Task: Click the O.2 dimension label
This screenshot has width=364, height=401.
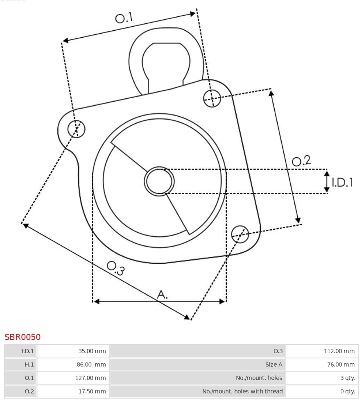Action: pos(301,161)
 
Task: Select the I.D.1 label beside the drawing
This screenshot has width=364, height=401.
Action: pos(342,182)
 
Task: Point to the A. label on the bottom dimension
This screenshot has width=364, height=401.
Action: pos(163,294)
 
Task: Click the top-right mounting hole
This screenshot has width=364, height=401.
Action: pos(212,98)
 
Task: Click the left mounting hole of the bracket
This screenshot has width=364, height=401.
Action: pos(76,129)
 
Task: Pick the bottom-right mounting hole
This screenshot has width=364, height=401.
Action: pos(240,233)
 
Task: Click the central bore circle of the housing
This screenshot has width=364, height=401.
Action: pos(159,181)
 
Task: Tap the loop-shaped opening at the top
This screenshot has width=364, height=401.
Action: pos(166,63)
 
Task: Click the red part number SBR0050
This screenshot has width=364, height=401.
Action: pos(23,337)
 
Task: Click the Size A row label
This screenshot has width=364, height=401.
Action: pos(274,365)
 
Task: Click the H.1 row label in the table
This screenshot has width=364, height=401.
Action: pos(29,365)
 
